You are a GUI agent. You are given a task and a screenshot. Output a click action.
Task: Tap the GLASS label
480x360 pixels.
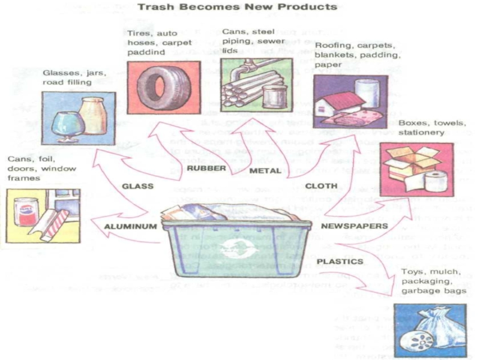[138, 186]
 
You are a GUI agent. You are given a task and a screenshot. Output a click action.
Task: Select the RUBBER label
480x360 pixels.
[206, 169]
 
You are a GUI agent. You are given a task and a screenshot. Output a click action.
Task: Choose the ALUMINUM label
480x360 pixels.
[130, 227]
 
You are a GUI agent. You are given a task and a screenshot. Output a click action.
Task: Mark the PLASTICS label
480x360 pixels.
[340, 262]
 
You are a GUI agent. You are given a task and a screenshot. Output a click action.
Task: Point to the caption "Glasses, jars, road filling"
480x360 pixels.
[74, 77]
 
